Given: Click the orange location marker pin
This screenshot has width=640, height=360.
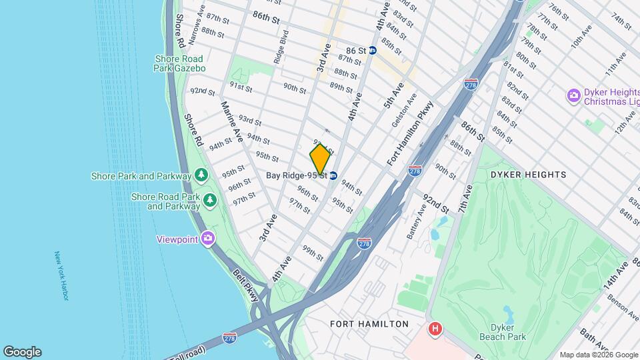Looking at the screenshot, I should [x=320, y=159].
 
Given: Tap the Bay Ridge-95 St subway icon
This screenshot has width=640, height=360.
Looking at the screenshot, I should [x=333, y=175].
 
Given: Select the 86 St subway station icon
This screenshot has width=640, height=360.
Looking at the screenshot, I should [x=373, y=50].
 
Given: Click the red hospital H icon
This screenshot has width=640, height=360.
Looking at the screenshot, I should [x=436, y=329].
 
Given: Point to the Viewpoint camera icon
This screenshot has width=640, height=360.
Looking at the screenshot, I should [x=209, y=238].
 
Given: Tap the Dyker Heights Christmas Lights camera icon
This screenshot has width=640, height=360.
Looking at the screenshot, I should [x=573, y=96].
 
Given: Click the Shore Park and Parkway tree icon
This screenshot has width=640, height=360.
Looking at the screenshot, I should [x=201, y=175].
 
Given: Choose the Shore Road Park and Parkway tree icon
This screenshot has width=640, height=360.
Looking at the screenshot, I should [x=210, y=199].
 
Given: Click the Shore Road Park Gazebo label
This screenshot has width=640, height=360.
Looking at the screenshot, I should [x=179, y=63].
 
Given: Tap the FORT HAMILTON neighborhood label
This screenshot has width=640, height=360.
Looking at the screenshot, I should [x=369, y=324].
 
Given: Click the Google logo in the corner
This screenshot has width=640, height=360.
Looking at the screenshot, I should [x=22, y=352].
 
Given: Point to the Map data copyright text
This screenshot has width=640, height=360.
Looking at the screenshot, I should [x=597, y=355].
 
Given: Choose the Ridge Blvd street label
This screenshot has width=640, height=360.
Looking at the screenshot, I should [x=281, y=46].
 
